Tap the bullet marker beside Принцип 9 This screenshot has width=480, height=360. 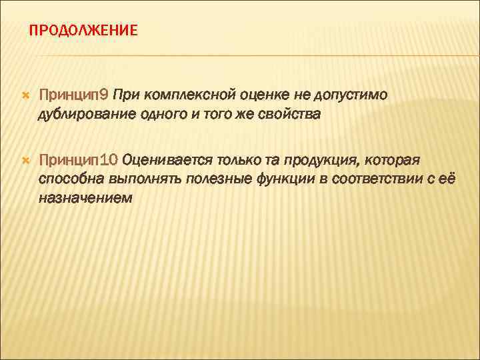(25, 97)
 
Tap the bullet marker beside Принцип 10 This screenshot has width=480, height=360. (25, 161)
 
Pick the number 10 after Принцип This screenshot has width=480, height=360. (111, 160)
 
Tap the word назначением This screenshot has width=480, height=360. (85, 197)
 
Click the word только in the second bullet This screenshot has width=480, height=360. (234, 160)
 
